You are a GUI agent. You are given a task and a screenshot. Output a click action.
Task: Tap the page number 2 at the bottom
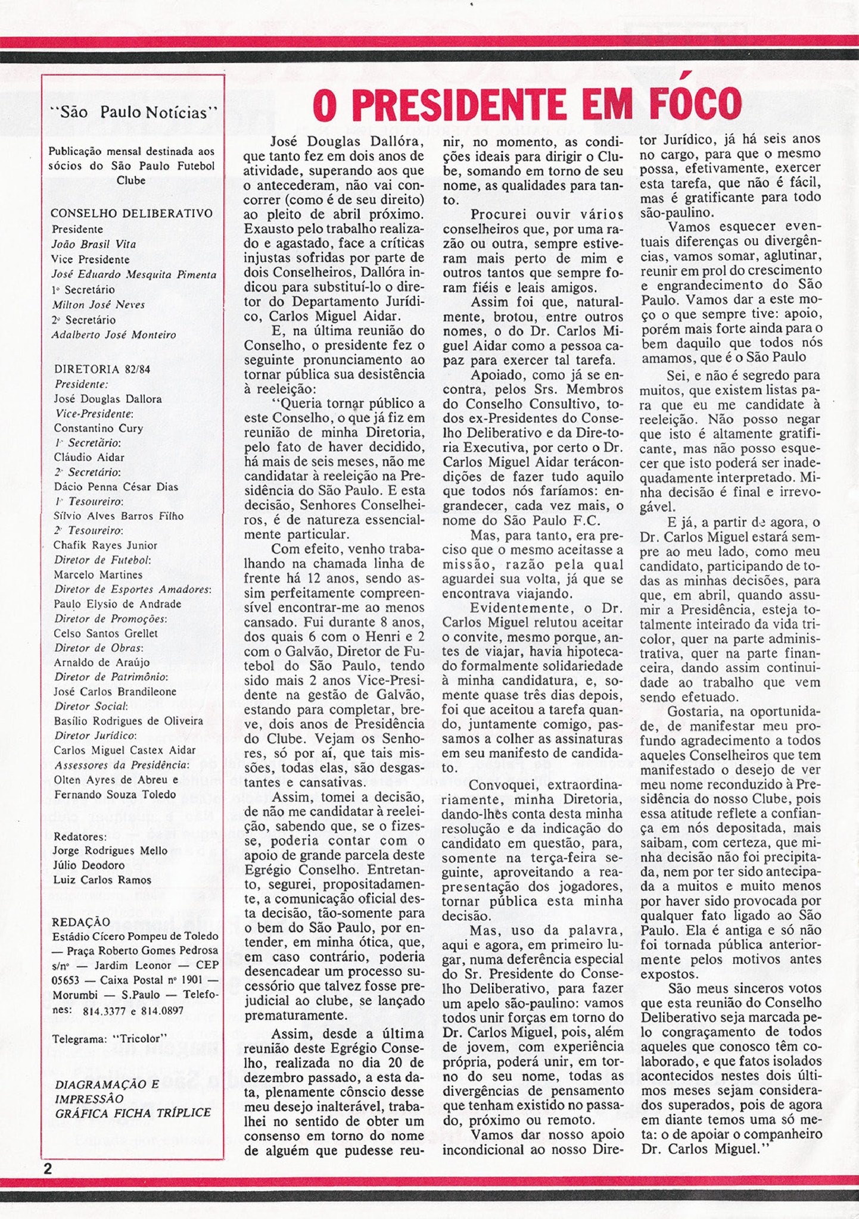click(x=48, y=1168)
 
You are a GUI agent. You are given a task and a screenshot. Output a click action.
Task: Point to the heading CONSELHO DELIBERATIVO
click(x=132, y=214)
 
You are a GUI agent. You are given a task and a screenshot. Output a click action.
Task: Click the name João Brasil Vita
click(x=94, y=244)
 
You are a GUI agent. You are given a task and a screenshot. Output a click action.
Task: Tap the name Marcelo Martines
click(x=98, y=574)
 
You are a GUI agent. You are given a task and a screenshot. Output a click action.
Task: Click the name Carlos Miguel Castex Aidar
click(x=125, y=750)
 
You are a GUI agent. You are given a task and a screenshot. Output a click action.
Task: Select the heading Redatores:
click(x=80, y=836)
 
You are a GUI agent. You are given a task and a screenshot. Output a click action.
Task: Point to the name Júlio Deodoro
click(x=89, y=865)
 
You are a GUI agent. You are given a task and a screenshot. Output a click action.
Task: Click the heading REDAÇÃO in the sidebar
click(x=81, y=921)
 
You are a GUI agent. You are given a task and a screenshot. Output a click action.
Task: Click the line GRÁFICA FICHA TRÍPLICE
click(x=133, y=1113)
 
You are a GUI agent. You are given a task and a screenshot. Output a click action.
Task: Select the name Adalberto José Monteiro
click(x=114, y=335)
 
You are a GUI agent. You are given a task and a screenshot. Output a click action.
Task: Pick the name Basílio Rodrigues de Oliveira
click(x=128, y=721)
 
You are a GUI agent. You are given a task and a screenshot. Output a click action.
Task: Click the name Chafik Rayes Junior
click(x=105, y=545)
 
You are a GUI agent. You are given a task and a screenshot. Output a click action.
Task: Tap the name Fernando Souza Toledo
click(x=115, y=794)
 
